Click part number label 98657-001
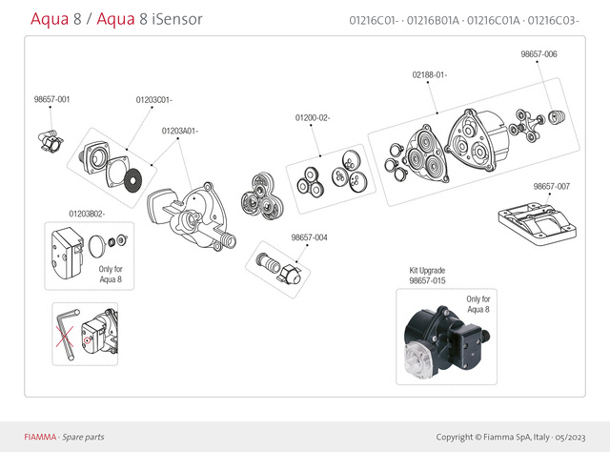[x=51, y=99]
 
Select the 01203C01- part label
[x=153, y=99]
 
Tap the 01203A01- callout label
[x=179, y=130]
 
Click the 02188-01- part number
[x=430, y=74]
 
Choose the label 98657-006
[x=539, y=54]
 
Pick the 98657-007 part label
[x=552, y=186]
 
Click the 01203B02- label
[x=87, y=214]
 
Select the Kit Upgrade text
[x=427, y=271]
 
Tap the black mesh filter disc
[x=139, y=175]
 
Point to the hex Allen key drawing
[x=65, y=334]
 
